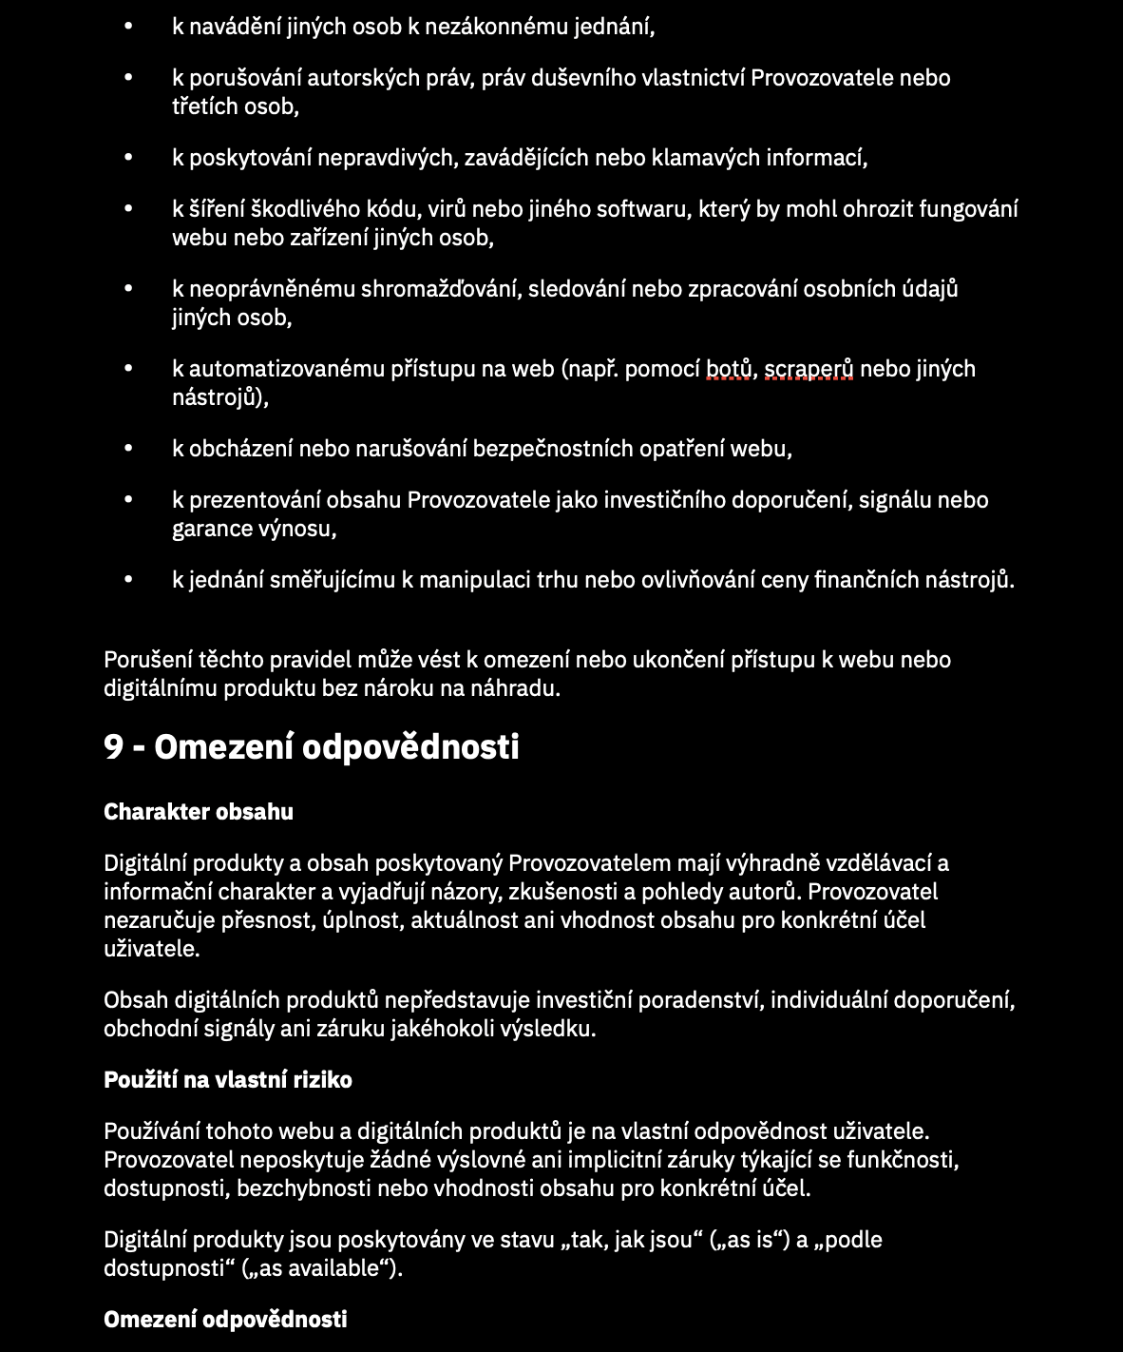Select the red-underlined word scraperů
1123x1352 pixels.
tap(809, 369)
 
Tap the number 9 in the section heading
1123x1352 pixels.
tap(114, 747)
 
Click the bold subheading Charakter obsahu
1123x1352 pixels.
tap(199, 812)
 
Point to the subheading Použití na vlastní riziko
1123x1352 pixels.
tap(228, 1080)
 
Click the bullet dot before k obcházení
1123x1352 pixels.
tap(129, 449)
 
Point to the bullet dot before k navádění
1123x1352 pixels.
tap(129, 27)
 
